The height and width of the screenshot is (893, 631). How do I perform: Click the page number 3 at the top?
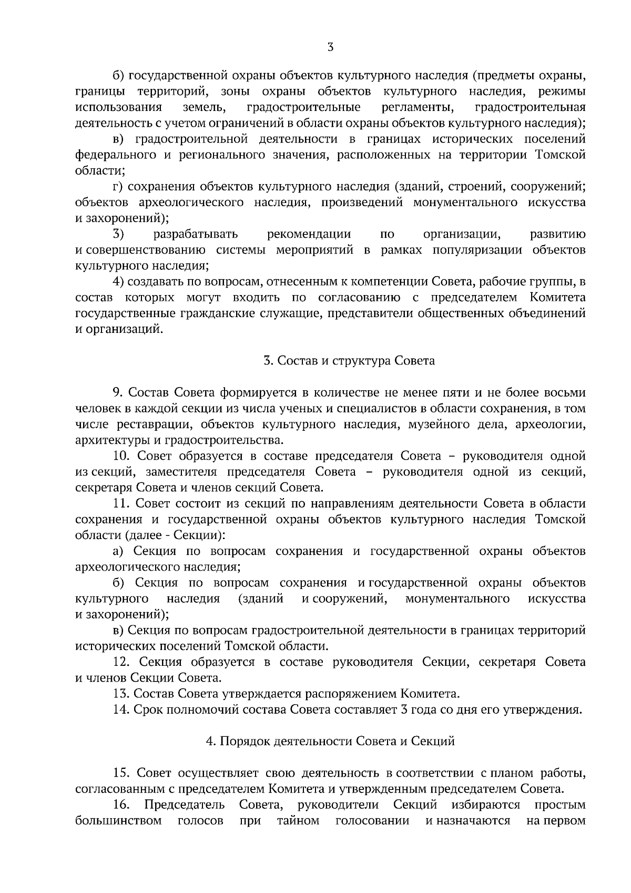click(x=330, y=47)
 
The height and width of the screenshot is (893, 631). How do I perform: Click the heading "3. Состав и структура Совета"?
click(x=349, y=361)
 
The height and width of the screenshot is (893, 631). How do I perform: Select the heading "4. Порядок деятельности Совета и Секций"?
click(x=330, y=741)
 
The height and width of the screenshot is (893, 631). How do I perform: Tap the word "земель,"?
click(x=204, y=108)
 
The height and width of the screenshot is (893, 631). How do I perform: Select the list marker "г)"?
click(x=118, y=187)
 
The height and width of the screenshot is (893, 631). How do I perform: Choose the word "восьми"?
click(x=565, y=392)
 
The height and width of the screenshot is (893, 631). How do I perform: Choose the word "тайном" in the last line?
click(x=298, y=820)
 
